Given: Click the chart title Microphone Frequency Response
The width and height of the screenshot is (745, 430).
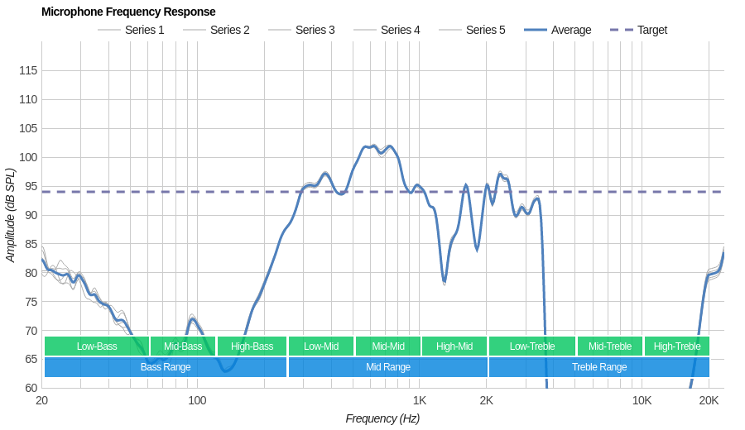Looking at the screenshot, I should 128,12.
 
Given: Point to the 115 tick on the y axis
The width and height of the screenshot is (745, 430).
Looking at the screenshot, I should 28,71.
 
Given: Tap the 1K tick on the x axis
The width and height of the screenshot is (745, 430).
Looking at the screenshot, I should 420,401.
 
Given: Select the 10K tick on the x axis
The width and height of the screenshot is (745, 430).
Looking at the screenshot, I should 642,401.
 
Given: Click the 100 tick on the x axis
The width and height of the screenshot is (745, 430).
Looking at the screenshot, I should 197,401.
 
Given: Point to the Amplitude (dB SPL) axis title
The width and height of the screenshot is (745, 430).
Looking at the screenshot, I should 11,215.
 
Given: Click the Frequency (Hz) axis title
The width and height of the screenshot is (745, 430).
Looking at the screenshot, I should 382,418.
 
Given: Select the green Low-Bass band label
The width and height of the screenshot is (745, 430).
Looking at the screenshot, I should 97,346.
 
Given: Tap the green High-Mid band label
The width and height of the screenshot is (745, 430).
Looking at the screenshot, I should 454,346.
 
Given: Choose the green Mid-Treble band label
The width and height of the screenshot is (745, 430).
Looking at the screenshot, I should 610,346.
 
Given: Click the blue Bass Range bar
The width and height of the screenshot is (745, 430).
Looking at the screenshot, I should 166,367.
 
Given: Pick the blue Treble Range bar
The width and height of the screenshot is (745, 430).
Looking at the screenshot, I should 599,367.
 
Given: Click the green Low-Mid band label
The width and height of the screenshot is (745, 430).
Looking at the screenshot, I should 321,346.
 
